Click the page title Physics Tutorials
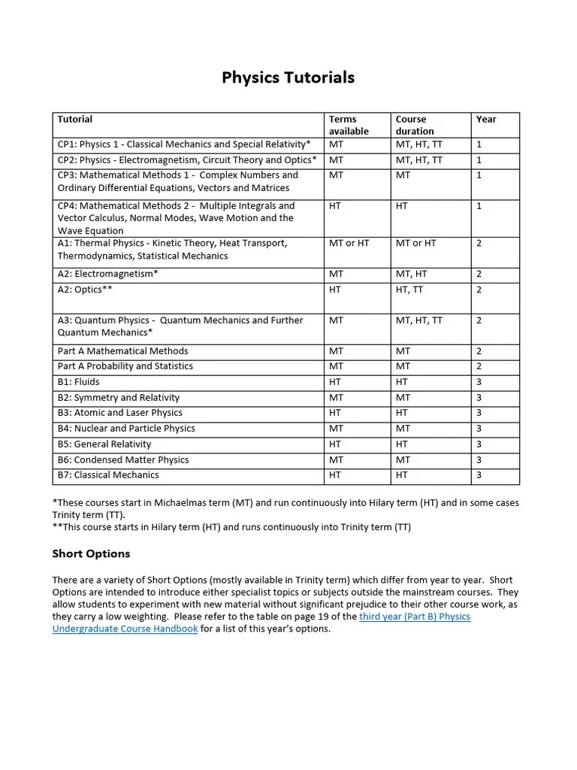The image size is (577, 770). [x=288, y=77]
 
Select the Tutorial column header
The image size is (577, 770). [x=75, y=119]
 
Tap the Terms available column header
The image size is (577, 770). [x=349, y=125]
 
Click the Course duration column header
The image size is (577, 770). [x=415, y=125]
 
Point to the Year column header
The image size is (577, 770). [x=486, y=119]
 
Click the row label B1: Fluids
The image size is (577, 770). [x=78, y=382]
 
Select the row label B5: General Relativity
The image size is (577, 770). [x=104, y=444]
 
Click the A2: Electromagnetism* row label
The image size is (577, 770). [x=108, y=274]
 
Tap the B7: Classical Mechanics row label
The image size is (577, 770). [x=108, y=475]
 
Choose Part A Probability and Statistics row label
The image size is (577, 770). [x=125, y=366]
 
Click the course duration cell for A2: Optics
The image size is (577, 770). [x=409, y=290]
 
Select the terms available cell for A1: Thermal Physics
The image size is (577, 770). [x=349, y=244]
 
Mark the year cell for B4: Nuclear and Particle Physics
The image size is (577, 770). [x=479, y=429]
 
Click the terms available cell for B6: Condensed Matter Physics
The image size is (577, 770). [x=336, y=459]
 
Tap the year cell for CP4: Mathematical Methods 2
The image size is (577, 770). [x=479, y=206]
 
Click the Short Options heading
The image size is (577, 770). [x=91, y=553]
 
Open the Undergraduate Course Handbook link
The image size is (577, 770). [x=125, y=629]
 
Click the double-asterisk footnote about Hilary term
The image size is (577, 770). [x=231, y=527]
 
